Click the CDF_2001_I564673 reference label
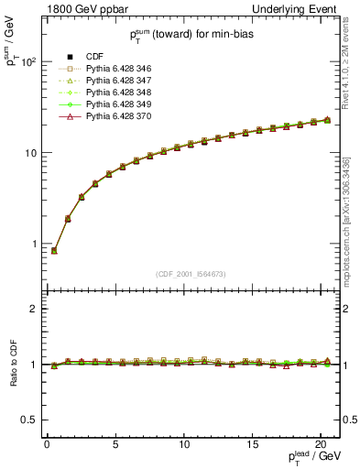pos(191,274)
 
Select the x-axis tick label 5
pos(115,445)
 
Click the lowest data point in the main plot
pos(54,250)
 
